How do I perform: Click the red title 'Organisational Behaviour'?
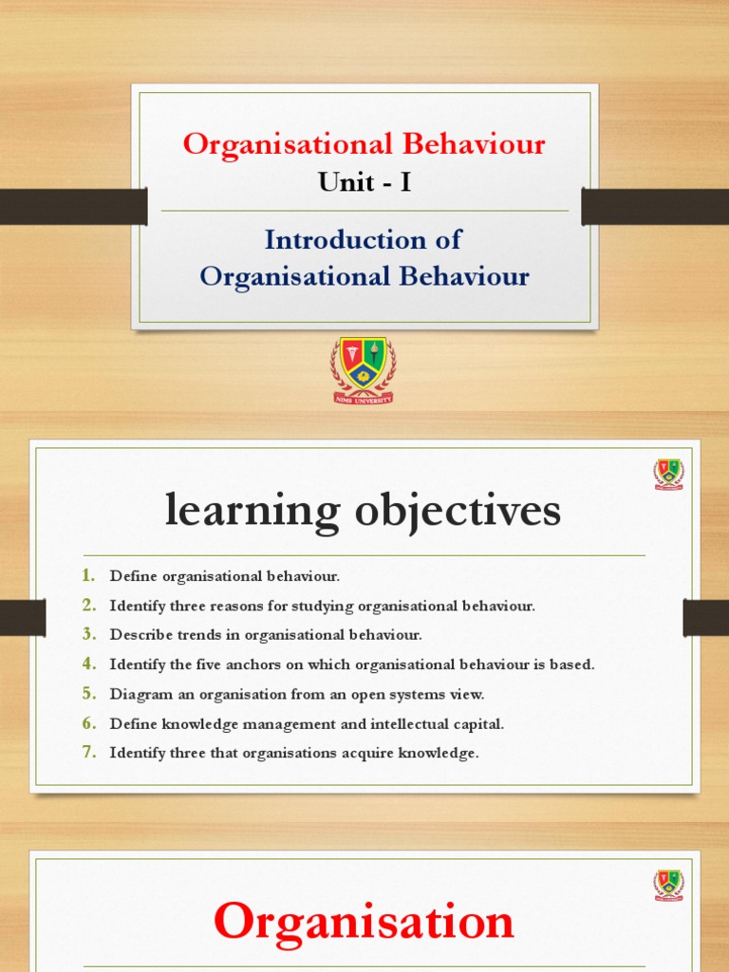pos(364,144)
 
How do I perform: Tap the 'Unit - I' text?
pos(364,181)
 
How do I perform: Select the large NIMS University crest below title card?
pos(363,369)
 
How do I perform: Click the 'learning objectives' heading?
pos(364,512)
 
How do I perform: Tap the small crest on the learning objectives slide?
pos(668,473)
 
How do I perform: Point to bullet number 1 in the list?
pos(88,575)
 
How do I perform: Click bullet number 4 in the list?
pos(88,664)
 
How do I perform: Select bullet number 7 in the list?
pos(88,753)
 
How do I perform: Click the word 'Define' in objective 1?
pos(134,576)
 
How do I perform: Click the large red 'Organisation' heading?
pos(364,921)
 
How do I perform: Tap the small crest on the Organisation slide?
pos(668,885)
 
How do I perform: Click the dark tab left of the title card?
pos(72,206)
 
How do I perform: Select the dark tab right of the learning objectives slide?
pos(705,618)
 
